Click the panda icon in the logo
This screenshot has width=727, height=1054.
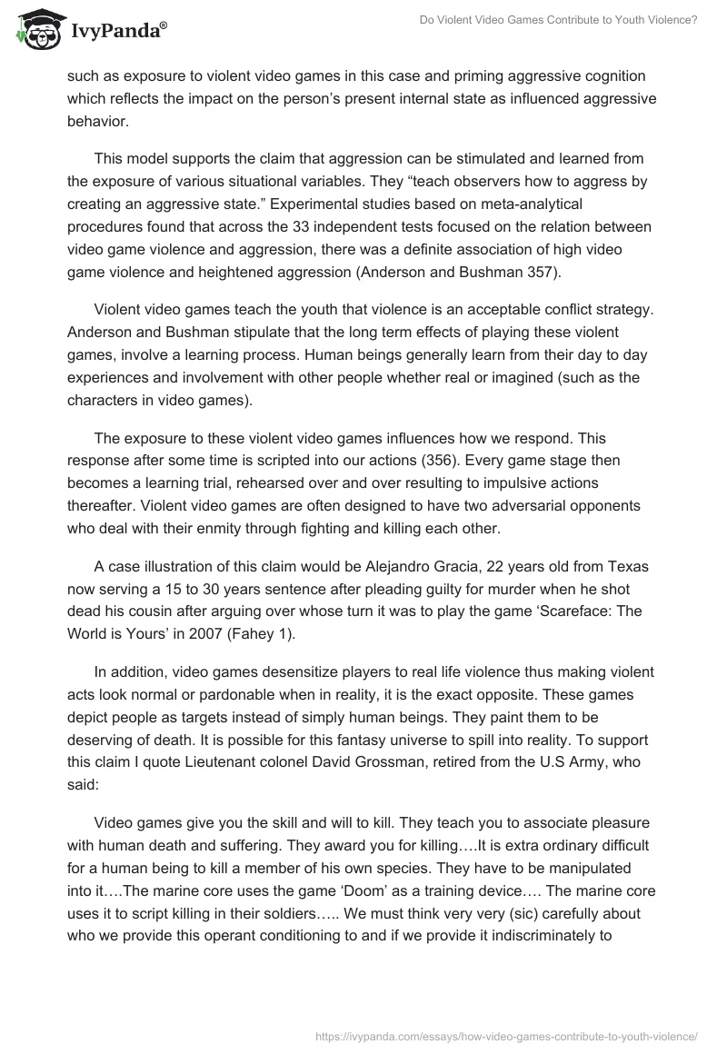[34, 29]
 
